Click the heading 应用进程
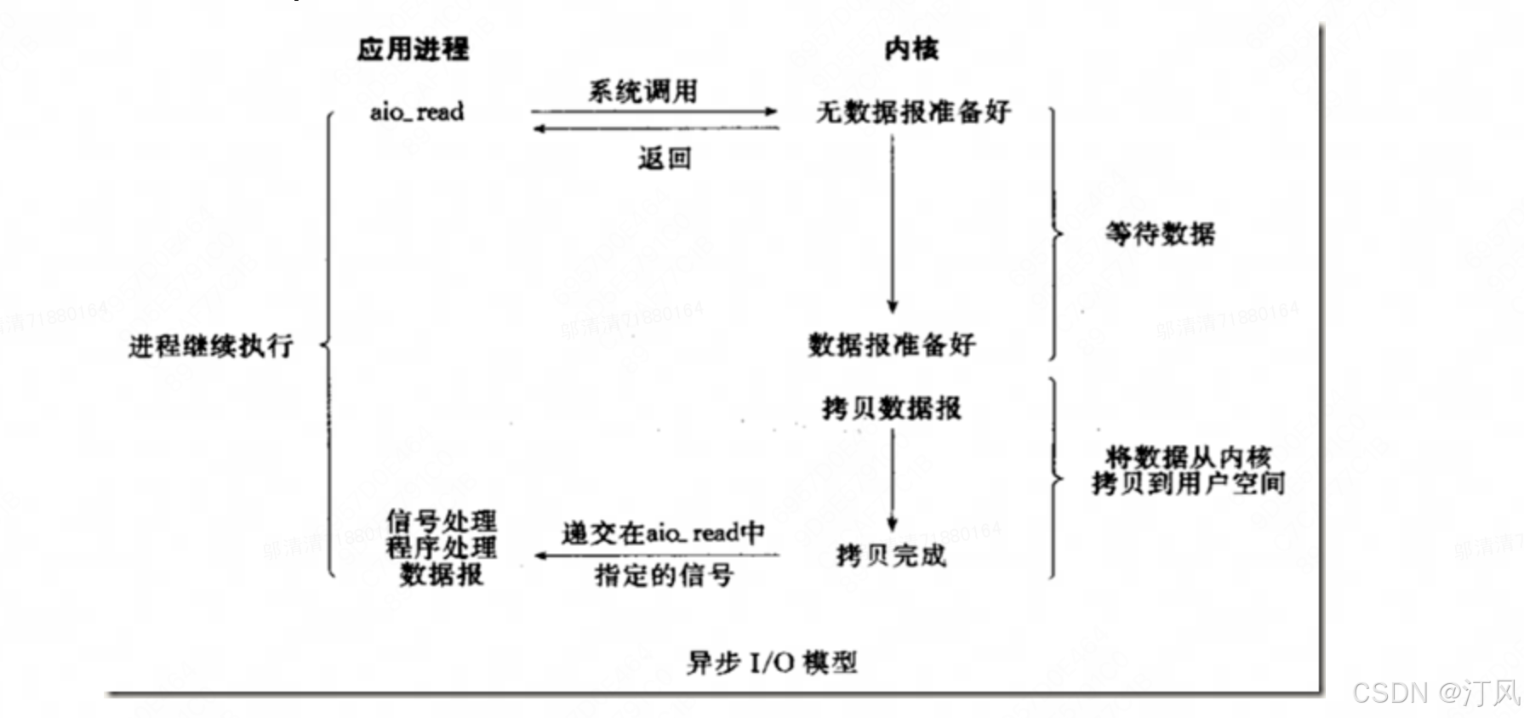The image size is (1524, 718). (x=413, y=48)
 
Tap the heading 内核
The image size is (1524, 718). (x=911, y=48)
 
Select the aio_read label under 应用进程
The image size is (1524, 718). (x=417, y=111)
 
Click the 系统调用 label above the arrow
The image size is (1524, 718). (x=642, y=90)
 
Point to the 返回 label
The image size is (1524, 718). (x=665, y=158)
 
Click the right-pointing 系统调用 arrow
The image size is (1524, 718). (x=654, y=111)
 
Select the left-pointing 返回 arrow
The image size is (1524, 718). (x=655, y=128)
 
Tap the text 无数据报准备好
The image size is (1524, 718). (x=913, y=111)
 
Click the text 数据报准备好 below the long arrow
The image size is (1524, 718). (x=892, y=345)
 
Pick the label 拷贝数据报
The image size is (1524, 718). (x=892, y=408)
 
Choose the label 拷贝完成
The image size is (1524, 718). (x=891, y=556)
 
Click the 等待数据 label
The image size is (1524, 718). (x=1160, y=233)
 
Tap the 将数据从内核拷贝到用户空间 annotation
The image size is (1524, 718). (x=1188, y=470)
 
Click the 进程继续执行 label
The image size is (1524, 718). (x=210, y=345)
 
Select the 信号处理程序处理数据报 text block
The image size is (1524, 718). (x=441, y=547)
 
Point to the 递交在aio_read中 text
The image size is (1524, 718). (x=663, y=533)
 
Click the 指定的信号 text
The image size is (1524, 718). (x=664, y=575)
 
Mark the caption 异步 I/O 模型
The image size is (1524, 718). (x=772, y=662)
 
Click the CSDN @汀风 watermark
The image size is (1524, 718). (x=1435, y=692)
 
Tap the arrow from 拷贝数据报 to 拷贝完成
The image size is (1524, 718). (x=892, y=480)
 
